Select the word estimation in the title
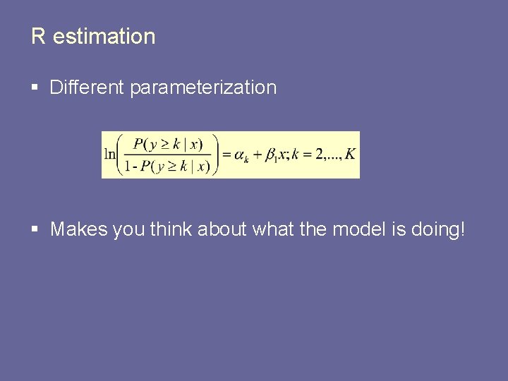(x=104, y=37)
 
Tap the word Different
(x=87, y=87)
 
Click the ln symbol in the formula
(x=109, y=155)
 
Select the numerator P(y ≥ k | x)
(x=167, y=144)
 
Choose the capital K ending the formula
(x=351, y=155)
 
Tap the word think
(x=172, y=229)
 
